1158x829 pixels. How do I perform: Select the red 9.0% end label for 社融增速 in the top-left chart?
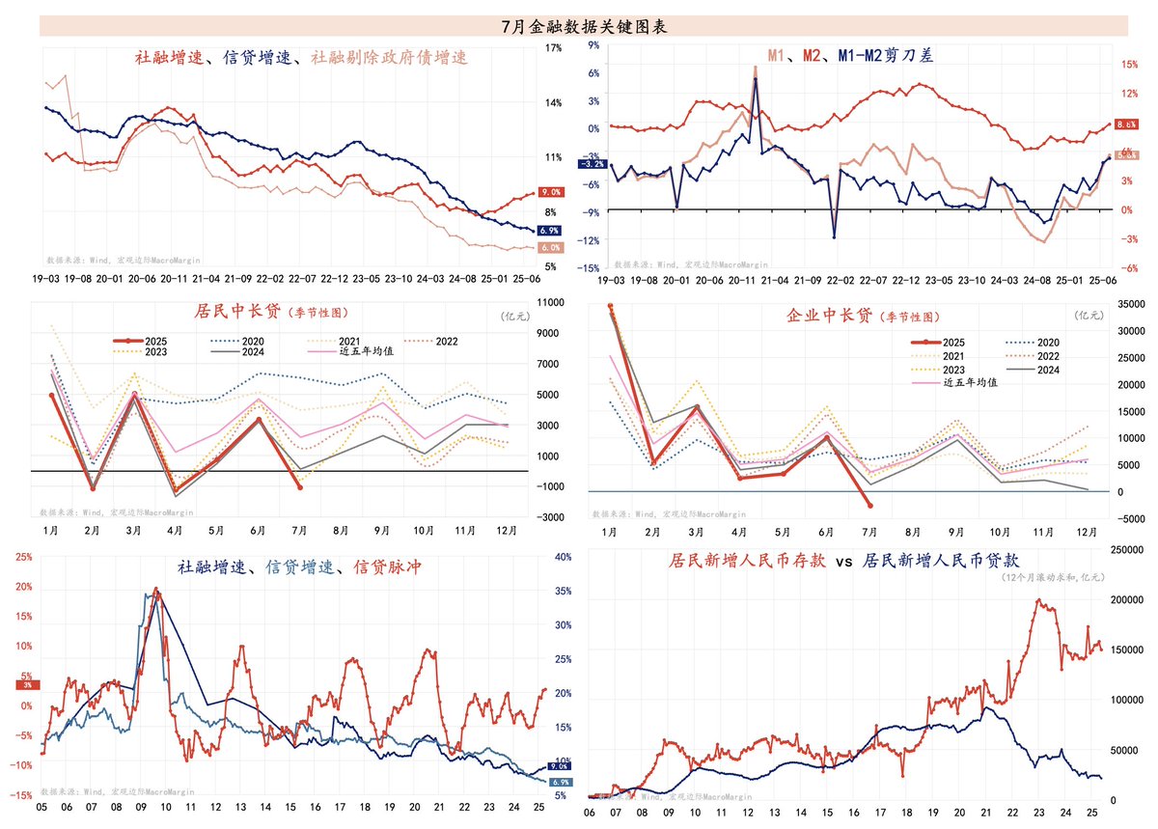click(x=550, y=193)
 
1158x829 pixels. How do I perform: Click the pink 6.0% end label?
click(x=550, y=248)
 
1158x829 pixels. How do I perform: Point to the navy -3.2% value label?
click(x=591, y=164)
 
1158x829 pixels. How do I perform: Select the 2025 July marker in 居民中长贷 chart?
click(x=299, y=487)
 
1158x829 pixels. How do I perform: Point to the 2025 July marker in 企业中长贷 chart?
click(x=870, y=505)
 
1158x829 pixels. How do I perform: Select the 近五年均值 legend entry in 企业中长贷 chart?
click(x=969, y=381)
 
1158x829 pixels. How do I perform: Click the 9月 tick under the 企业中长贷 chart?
click(x=956, y=532)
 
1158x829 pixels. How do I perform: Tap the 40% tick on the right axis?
click(x=564, y=557)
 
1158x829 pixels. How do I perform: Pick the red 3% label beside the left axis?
click(x=27, y=684)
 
